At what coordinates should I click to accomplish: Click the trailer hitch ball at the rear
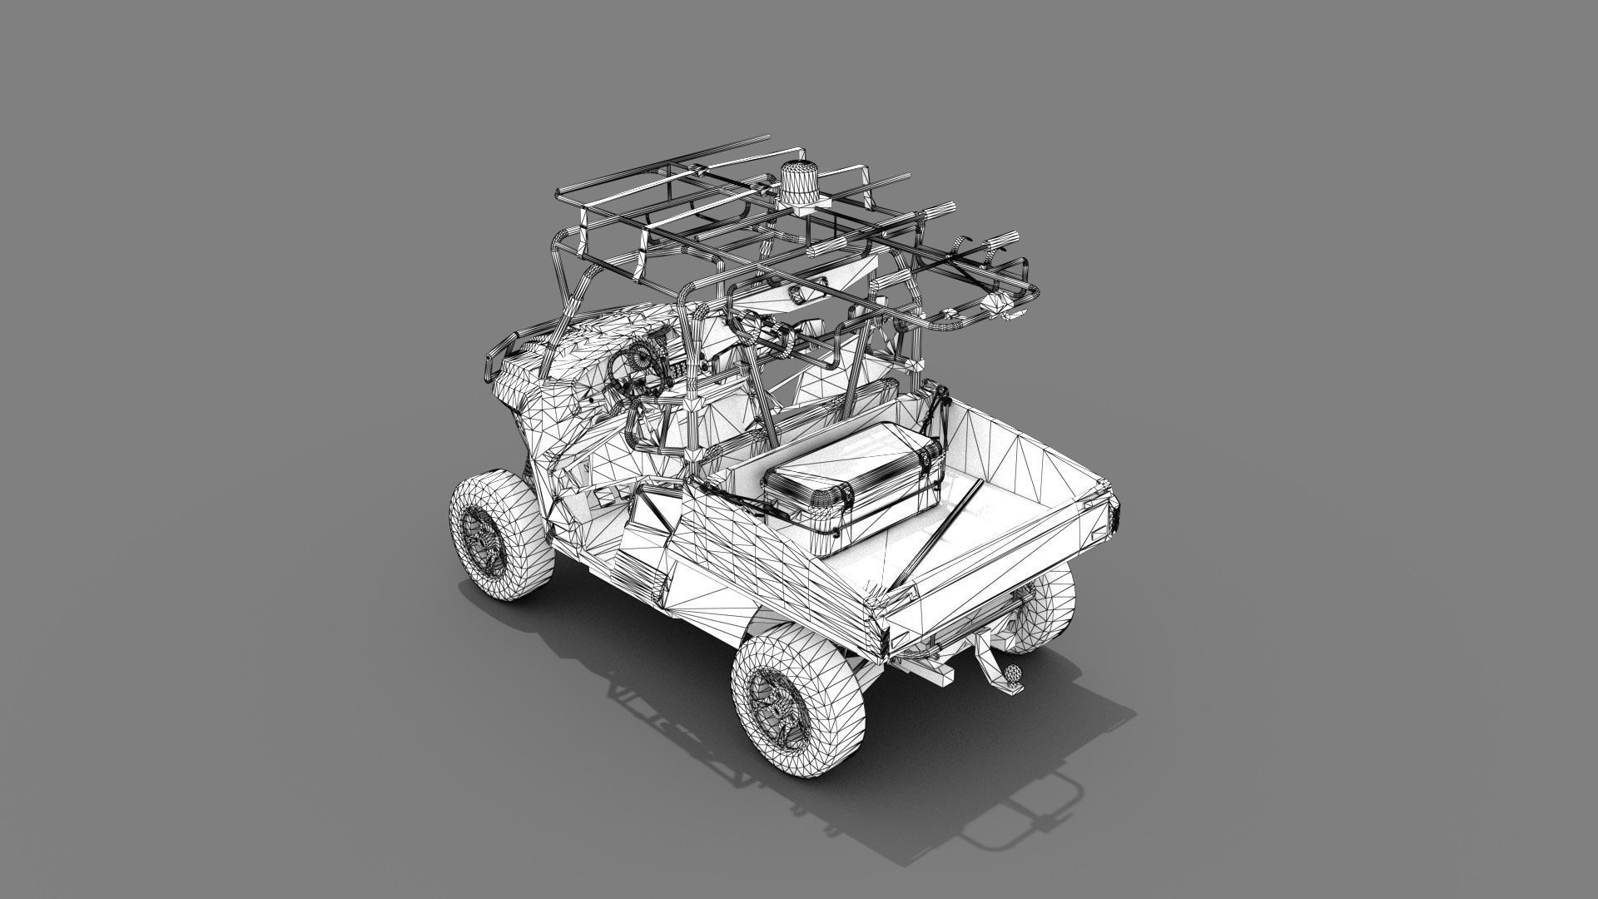(x=1013, y=671)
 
